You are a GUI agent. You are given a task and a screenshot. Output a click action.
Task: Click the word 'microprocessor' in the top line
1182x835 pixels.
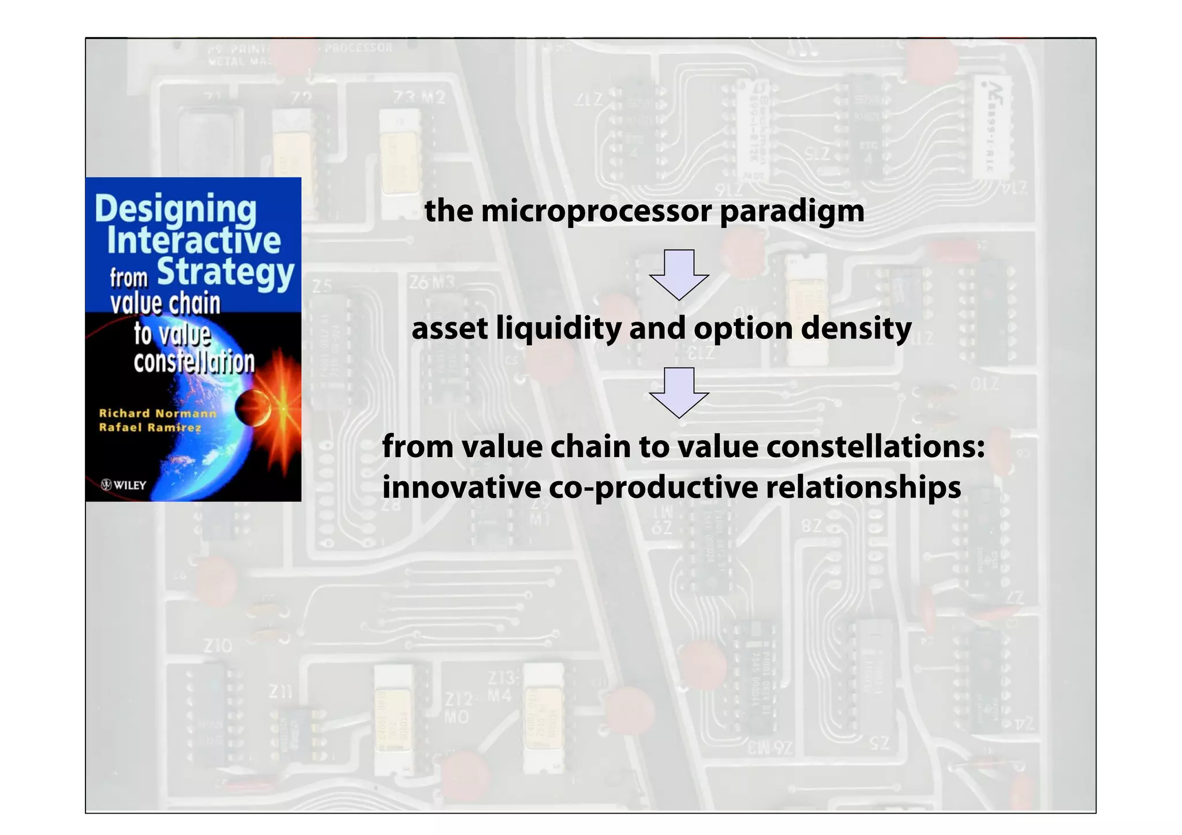[x=596, y=211]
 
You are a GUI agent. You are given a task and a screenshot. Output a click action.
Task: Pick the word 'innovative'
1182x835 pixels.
[x=461, y=488]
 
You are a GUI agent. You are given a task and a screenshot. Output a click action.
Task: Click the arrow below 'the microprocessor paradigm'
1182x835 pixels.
[x=679, y=274]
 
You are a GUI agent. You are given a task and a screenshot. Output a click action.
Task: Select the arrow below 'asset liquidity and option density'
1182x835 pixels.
[x=679, y=392]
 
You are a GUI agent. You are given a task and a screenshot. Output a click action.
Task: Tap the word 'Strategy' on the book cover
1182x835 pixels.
[x=226, y=272]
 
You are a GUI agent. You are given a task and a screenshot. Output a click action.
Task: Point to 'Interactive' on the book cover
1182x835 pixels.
[x=194, y=241]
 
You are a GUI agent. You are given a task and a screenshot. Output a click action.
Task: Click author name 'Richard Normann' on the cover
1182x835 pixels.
[x=158, y=413]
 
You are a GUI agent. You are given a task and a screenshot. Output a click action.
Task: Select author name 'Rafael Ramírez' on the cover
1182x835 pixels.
[x=150, y=428]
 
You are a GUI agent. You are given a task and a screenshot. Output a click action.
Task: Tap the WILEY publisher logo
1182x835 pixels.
[x=124, y=485]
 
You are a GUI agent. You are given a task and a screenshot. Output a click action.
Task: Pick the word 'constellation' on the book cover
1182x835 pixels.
[x=194, y=362]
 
